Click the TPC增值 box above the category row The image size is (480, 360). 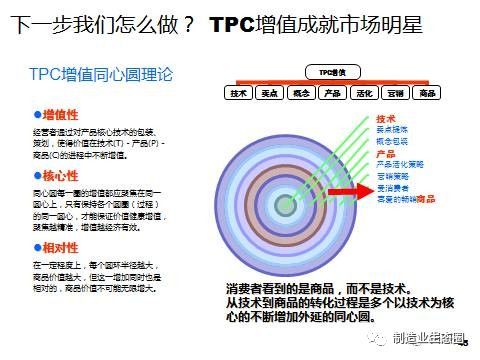pyautogui.click(x=329, y=73)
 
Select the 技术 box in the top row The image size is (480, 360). pyautogui.click(x=238, y=93)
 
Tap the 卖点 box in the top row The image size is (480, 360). pyautogui.click(x=269, y=93)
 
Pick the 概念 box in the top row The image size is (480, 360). pyautogui.click(x=300, y=93)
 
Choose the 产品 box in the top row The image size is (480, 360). pyautogui.click(x=332, y=93)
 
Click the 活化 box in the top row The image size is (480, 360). pyautogui.click(x=363, y=93)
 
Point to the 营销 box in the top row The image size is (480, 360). pyautogui.click(x=395, y=93)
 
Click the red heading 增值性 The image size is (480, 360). pyautogui.click(x=61, y=116)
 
